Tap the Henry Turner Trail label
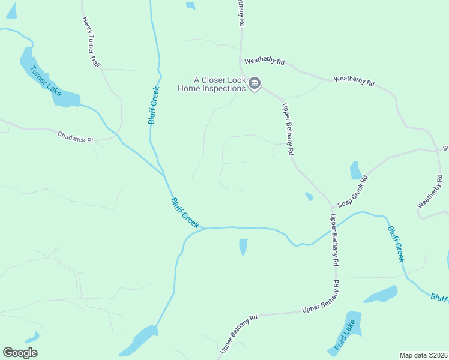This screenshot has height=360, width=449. (91, 41)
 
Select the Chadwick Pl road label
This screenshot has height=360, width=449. (76, 137)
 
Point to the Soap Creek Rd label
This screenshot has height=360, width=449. (352, 191)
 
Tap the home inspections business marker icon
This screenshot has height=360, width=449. (255, 83)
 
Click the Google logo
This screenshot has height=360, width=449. (20, 353)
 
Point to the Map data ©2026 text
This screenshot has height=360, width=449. (423, 355)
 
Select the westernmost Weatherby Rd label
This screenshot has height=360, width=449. (264, 62)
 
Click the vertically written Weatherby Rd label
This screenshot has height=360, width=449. (430, 192)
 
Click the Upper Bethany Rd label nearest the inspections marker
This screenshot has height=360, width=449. (288, 130)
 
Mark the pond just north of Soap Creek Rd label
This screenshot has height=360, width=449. (355, 170)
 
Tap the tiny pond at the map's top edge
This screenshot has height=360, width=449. (191, 5)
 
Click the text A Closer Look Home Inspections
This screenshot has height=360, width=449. (212, 83)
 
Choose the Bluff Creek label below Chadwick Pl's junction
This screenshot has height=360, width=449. (185, 212)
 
